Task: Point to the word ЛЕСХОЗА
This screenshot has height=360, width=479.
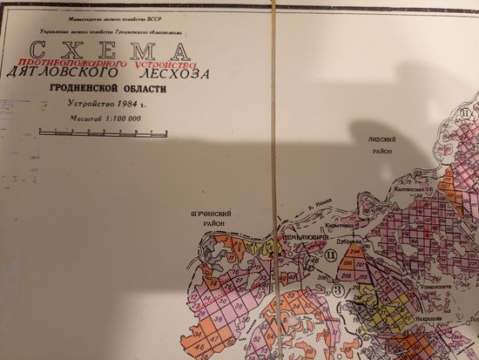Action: pyautogui.click(x=179, y=75)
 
